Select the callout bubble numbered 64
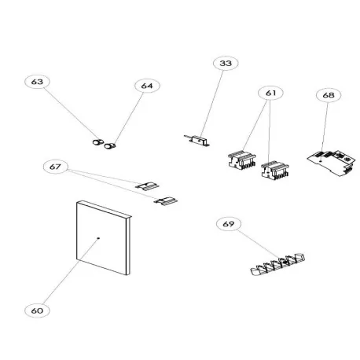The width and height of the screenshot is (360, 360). (x=147, y=85)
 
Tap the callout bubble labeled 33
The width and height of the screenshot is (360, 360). (x=226, y=63)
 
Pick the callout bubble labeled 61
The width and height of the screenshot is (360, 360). (x=272, y=93)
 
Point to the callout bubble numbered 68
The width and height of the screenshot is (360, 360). (x=328, y=94)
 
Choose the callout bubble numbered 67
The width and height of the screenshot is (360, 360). (x=55, y=166)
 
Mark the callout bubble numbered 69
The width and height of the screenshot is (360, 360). (x=228, y=225)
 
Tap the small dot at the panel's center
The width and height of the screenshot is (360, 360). (x=97, y=237)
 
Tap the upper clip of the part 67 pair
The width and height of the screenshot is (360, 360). (x=147, y=187)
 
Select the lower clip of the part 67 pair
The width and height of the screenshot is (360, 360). (x=167, y=201)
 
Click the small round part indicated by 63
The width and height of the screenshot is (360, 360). (x=98, y=143)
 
